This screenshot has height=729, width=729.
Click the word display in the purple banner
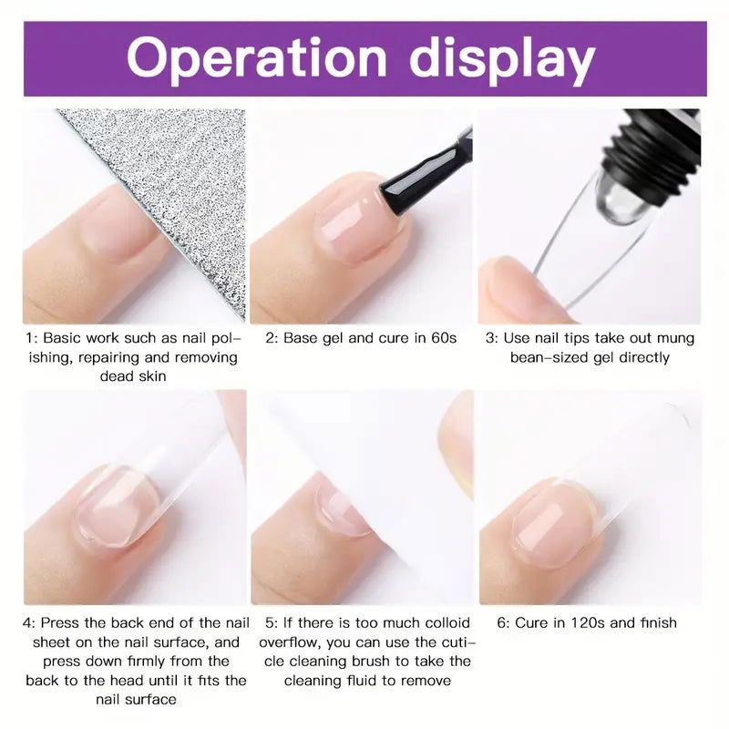pos(502,60)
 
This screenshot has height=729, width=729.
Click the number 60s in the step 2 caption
pos(444,338)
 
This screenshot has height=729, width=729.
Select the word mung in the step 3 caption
pos(675,339)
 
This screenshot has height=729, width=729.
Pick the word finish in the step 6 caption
pos(658,622)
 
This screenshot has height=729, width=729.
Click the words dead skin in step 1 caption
pos(133,375)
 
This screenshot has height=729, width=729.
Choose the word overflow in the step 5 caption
pos(289,642)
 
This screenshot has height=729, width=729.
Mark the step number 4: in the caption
pos(29,623)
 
